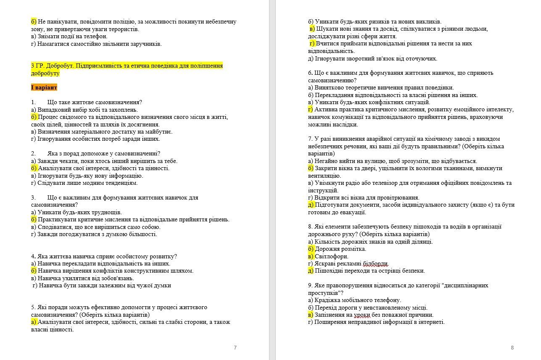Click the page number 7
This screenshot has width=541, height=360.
pos(235,347)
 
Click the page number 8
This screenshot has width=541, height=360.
pos(512,347)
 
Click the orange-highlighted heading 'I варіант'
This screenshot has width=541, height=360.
pos(44,88)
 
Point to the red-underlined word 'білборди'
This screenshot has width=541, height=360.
pos(375,264)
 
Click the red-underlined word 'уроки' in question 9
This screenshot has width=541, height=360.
pos(361,315)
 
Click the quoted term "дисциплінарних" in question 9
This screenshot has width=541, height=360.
pos(467,286)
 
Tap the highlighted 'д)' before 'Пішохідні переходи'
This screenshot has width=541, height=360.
pos(311,271)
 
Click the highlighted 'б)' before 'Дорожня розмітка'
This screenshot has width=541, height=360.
pos(311,249)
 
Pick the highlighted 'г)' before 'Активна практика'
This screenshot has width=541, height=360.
pos(311,110)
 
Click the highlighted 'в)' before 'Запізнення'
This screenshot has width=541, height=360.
pos(311,315)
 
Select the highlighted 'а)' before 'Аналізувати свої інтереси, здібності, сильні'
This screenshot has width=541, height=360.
pos(34,322)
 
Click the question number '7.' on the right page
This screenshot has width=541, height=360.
pos(310,139)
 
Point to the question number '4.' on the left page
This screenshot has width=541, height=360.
pos(33,257)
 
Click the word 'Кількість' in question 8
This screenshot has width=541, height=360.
pos(327,242)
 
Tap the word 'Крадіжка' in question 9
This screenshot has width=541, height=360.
pos(327,300)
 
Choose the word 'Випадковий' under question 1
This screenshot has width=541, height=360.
pos(52,110)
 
